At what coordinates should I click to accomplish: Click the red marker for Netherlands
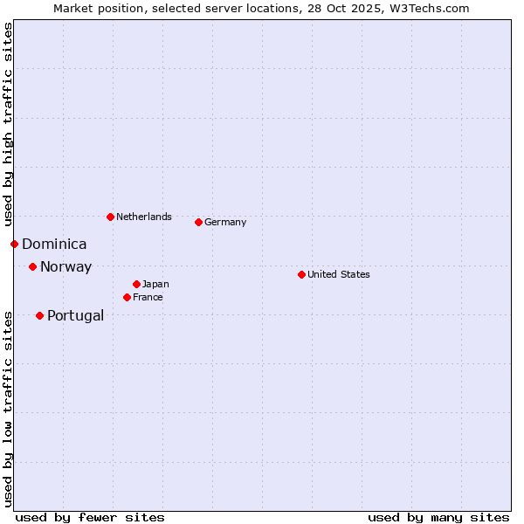coord(110,217)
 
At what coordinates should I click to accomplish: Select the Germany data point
coord(198,222)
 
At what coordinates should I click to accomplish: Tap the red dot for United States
coord(301,274)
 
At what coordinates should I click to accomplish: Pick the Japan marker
coord(136,284)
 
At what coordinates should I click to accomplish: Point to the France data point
coord(127,297)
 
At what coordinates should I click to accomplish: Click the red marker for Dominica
coord(14,244)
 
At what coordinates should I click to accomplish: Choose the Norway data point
coord(32,266)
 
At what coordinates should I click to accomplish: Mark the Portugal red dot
coord(39,315)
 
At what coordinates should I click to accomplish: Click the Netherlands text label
coord(143,217)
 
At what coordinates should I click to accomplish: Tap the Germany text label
coord(225,222)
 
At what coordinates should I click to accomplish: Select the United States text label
coord(338,274)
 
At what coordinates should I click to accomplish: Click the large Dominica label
coord(54,245)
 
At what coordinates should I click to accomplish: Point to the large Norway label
coord(65,267)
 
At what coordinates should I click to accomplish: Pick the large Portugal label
coord(75,316)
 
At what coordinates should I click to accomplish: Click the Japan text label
coord(155,284)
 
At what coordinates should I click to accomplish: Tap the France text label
coord(148,297)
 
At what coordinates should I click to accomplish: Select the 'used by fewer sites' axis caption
coord(90,517)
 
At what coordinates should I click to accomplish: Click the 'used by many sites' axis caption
coord(438,517)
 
